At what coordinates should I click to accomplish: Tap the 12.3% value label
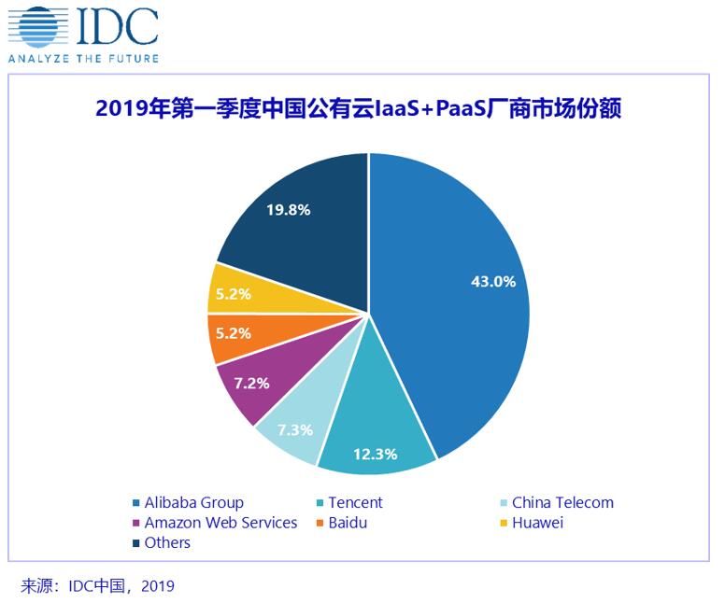pyautogui.click(x=375, y=455)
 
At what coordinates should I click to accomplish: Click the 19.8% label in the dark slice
pyautogui.click(x=288, y=210)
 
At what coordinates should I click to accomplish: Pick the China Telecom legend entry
pyautogui.click(x=562, y=502)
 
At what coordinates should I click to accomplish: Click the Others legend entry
pyautogui.click(x=166, y=542)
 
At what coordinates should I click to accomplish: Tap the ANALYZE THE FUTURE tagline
pyautogui.click(x=84, y=58)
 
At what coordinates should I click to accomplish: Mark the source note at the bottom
pyautogui.click(x=97, y=586)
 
